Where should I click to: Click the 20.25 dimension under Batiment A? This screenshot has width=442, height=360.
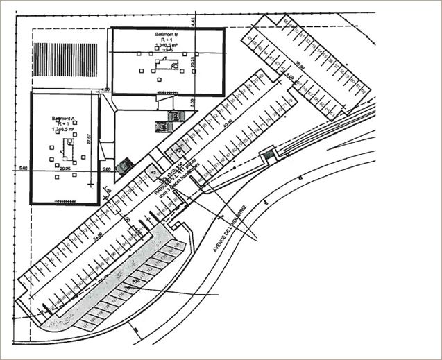point(66,168)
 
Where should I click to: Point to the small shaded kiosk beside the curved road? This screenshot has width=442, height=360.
point(266,157)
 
